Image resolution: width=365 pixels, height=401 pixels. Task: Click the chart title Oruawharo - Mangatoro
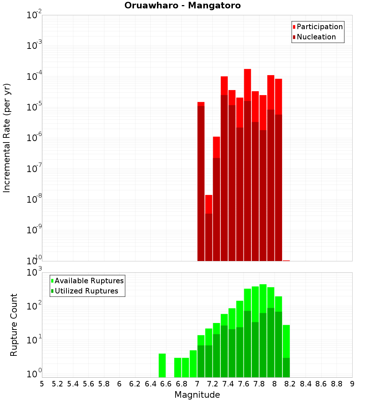pyautogui.click(x=182, y=6)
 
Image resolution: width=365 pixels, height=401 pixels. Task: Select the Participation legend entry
pyautogui.click(x=319, y=27)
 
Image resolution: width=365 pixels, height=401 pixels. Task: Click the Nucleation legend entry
pyautogui.click(x=316, y=37)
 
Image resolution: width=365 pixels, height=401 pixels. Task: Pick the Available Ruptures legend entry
pyautogui.click(x=89, y=281)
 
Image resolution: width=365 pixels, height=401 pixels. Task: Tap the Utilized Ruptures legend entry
pyautogui.click(x=86, y=291)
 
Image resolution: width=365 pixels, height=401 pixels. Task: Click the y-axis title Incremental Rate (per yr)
pyautogui.click(x=7, y=138)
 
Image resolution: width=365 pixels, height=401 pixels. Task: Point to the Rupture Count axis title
pyautogui.click(x=14, y=325)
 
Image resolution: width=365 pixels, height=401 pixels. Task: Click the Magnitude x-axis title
pyautogui.click(x=197, y=395)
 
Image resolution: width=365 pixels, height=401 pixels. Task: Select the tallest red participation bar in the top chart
pyautogui.click(x=247, y=84)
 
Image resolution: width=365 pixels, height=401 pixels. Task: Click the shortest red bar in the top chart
pyautogui.click(x=209, y=204)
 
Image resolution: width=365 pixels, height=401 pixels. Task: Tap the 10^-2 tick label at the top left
pyautogui.click(x=34, y=15)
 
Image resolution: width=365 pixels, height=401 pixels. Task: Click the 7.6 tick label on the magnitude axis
pyautogui.click(x=243, y=384)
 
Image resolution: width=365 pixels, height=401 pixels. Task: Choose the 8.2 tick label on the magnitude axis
pyautogui.click(x=290, y=384)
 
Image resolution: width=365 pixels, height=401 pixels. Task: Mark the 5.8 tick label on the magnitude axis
pyautogui.click(x=104, y=384)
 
